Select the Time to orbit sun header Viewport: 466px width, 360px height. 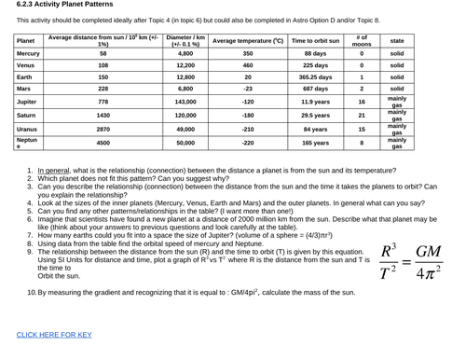click(316, 41)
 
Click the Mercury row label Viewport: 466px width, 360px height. click(28, 54)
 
